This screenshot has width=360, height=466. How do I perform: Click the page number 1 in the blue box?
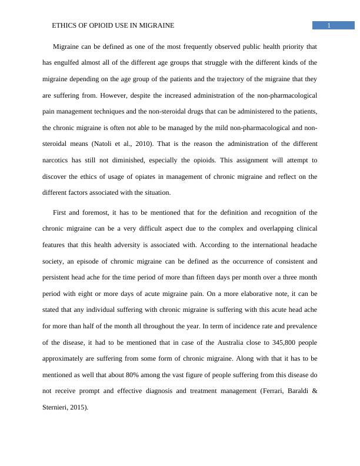[329, 25]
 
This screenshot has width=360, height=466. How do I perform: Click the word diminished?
[175, 159]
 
